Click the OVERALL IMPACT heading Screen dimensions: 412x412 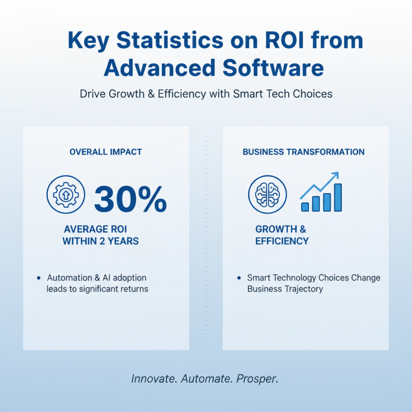coord(106,152)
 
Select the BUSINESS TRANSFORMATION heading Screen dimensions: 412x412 coord(303,152)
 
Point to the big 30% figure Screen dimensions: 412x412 coord(130,199)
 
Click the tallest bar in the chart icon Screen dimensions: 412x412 coord(337,197)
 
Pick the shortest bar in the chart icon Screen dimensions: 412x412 coord(305,207)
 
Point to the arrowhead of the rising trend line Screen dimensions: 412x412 coord(336,175)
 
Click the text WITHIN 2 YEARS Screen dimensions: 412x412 coord(100,241)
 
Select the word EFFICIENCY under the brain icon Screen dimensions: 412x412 coord(282,241)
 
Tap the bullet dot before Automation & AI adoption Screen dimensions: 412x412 coord(39,278)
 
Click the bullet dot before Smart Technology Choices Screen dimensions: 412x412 coord(238,278)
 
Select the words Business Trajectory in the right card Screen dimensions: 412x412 coord(285,289)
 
